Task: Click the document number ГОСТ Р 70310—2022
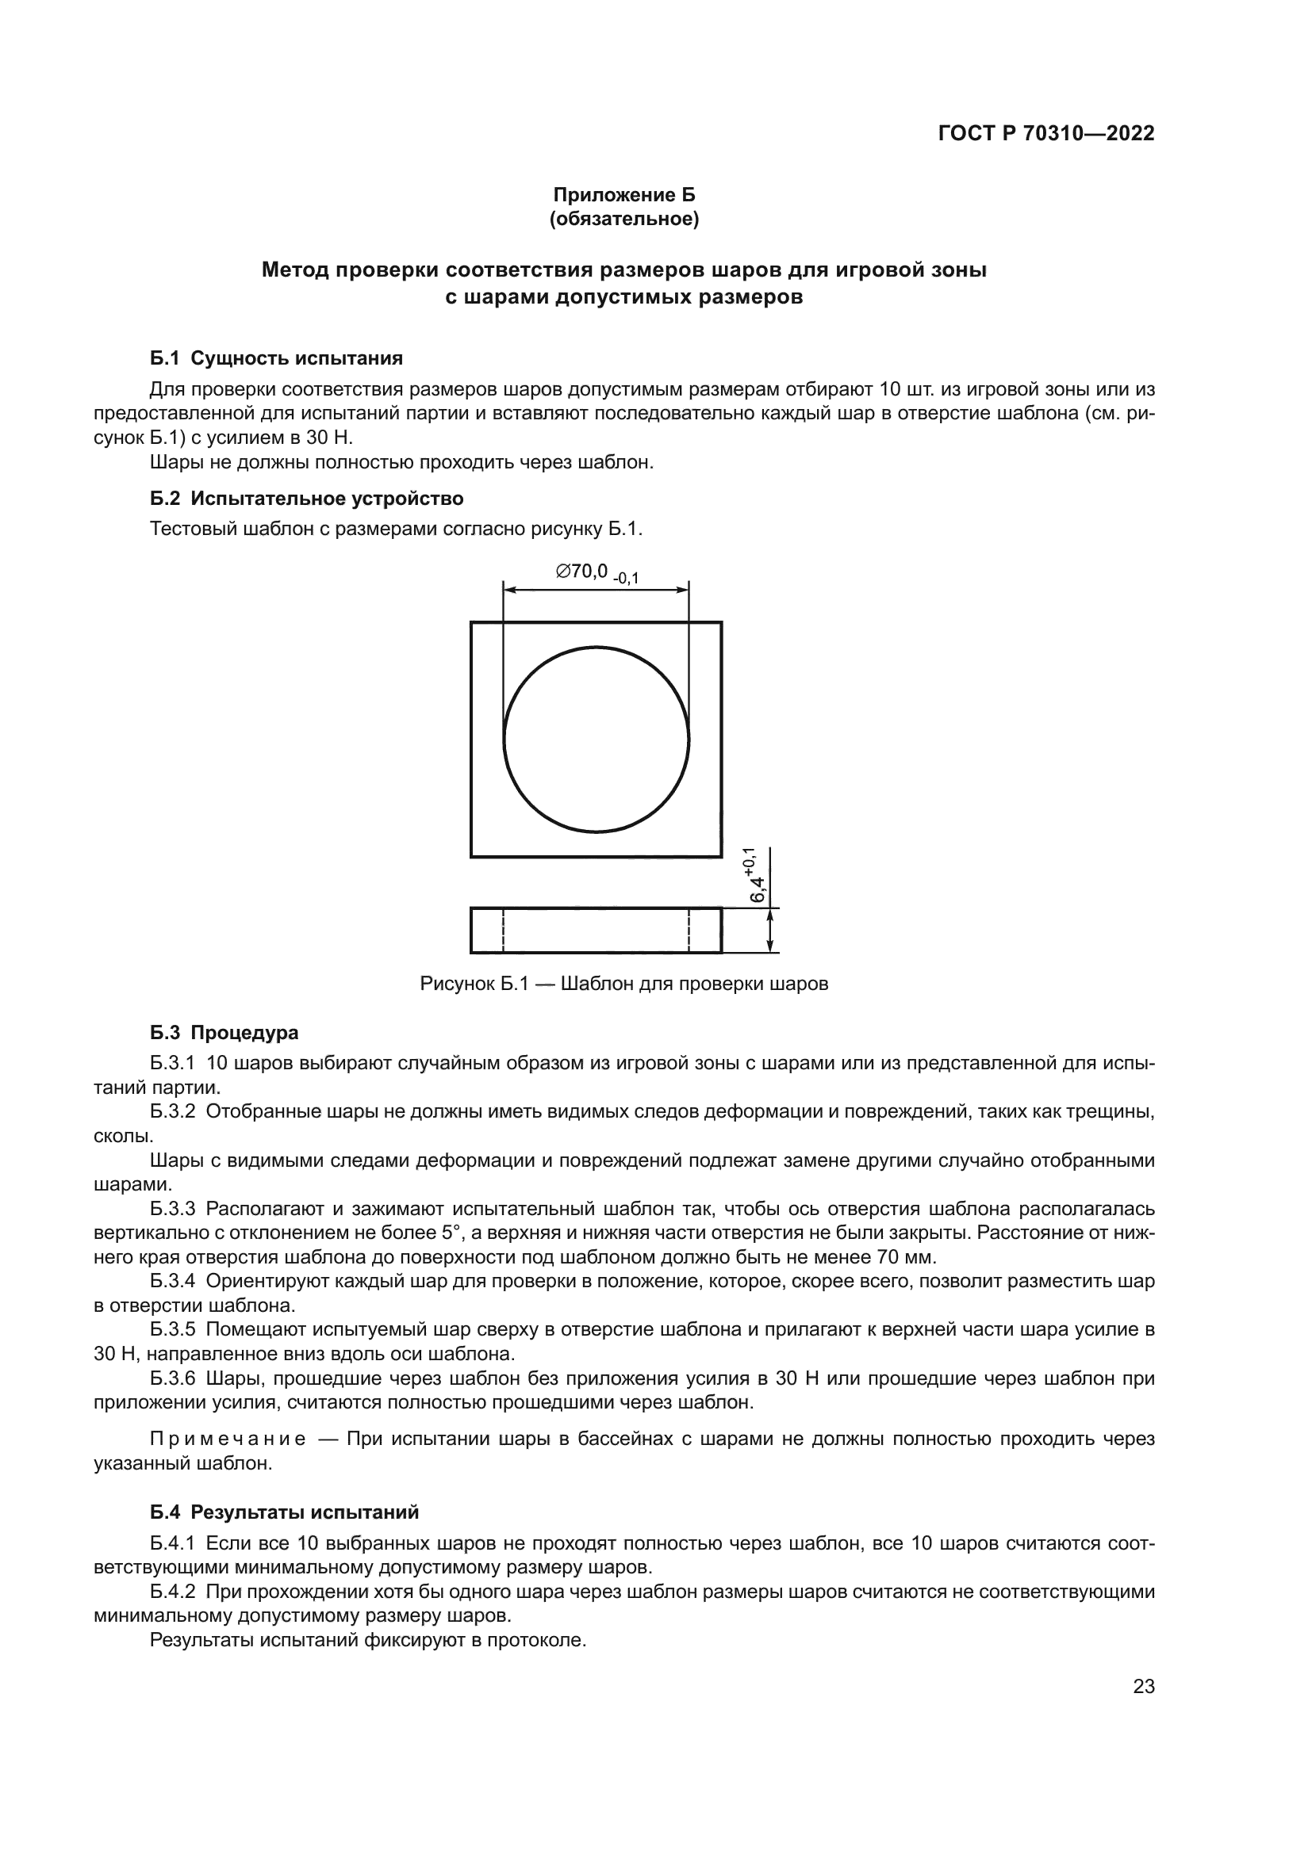pyautogui.click(x=1046, y=134)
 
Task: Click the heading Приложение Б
pyautogui.click(x=623, y=195)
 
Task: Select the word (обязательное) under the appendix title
pyautogui.click(x=623, y=219)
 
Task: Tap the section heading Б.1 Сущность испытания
pyautogui.click(x=276, y=357)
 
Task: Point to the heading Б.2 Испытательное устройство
pyautogui.click(x=306, y=499)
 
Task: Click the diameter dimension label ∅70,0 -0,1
pyautogui.click(x=597, y=572)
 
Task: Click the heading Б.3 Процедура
pyautogui.click(x=224, y=1033)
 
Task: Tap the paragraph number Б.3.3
pyautogui.click(x=173, y=1209)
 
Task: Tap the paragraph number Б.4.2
pyautogui.click(x=173, y=1592)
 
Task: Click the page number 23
pyautogui.click(x=1144, y=1688)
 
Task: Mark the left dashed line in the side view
pyautogui.click(x=504, y=930)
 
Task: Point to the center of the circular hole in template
pyautogui.click(x=597, y=738)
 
